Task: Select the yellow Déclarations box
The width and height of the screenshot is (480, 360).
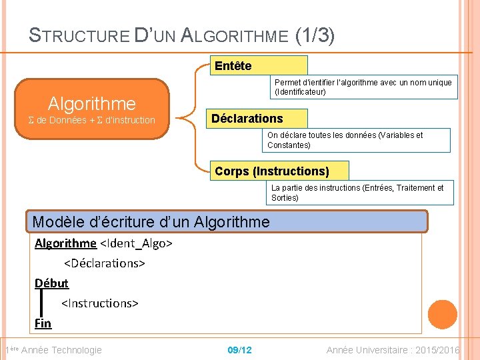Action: (257, 119)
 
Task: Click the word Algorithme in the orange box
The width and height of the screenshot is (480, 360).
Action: (91, 103)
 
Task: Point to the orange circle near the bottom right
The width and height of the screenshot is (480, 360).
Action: (442, 315)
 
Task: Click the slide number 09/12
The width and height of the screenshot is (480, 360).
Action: (239, 350)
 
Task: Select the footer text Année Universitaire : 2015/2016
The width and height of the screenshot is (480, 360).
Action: (393, 350)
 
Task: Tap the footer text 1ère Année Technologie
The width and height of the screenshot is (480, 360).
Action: (53, 350)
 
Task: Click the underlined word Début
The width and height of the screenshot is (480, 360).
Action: (51, 283)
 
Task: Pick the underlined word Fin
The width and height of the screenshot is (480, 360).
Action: (43, 323)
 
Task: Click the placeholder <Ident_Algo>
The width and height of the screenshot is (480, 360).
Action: (136, 243)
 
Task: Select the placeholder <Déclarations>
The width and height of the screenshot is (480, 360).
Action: (105, 263)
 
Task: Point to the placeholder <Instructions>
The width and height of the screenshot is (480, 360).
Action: (100, 303)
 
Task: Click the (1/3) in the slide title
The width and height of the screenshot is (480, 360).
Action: (315, 35)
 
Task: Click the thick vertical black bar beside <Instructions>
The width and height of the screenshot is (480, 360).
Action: (41, 303)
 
